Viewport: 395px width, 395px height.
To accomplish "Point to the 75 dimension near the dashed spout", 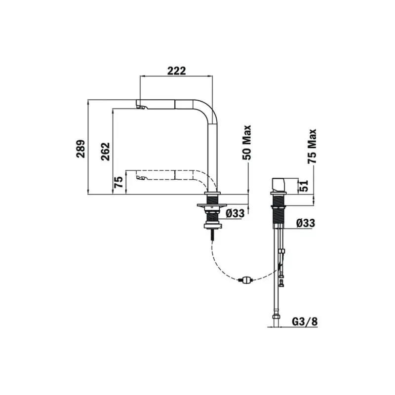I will click(x=118, y=183).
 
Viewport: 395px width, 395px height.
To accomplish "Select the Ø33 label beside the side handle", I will click(x=306, y=223).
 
